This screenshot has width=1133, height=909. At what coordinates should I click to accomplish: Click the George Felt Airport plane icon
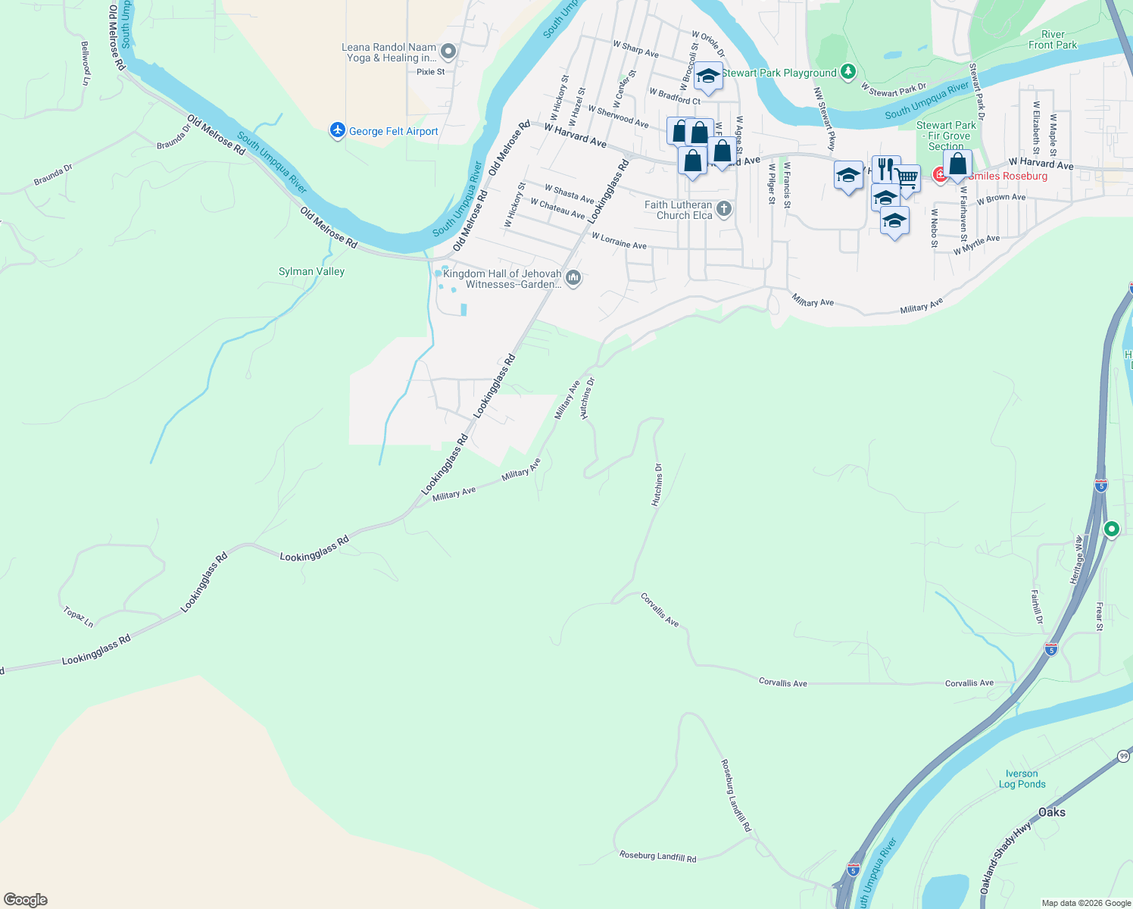click(x=338, y=131)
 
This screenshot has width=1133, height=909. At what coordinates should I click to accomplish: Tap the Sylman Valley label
click(x=311, y=271)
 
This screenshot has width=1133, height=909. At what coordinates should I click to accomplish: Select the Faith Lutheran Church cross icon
click(x=724, y=209)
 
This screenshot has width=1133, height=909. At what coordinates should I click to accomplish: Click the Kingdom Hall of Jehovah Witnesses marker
click(x=573, y=279)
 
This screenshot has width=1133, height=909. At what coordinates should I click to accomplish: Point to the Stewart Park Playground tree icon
click(x=849, y=73)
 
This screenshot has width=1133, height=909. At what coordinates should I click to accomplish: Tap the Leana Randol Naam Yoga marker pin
click(x=448, y=52)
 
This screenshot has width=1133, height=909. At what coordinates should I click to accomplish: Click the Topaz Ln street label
click(x=78, y=617)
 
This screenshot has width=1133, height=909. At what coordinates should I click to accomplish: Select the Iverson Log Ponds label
click(x=1022, y=779)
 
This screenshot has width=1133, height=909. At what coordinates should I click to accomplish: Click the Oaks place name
click(x=1051, y=812)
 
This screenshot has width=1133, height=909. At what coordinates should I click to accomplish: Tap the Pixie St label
click(x=431, y=72)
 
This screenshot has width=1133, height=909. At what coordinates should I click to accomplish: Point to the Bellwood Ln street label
click(x=86, y=63)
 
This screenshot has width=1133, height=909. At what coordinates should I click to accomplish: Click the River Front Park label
click(x=1053, y=39)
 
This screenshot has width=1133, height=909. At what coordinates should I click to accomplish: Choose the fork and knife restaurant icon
click(x=885, y=168)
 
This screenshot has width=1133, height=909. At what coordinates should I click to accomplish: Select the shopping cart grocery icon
click(x=907, y=179)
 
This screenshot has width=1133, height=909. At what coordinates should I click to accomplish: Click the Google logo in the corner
click(x=26, y=900)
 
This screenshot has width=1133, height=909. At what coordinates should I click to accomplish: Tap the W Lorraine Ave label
click(x=619, y=241)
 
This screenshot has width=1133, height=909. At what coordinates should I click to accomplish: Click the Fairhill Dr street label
click(x=1037, y=607)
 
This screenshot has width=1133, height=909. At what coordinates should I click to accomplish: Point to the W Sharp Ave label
click(x=635, y=49)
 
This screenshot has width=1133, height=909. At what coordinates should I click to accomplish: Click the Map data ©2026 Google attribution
click(x=1086, y=903)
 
